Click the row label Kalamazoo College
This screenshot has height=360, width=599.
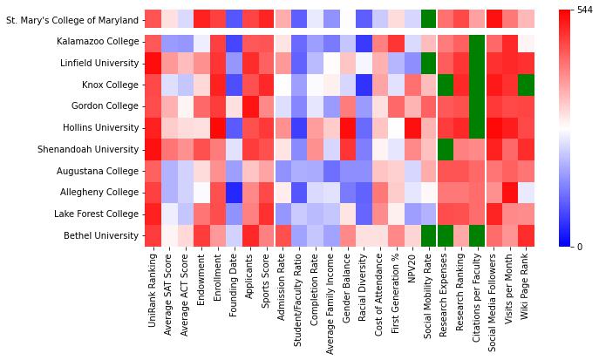point(99,42)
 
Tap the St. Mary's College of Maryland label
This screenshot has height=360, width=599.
point(71,19)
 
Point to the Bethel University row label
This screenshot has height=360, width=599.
point(101,235)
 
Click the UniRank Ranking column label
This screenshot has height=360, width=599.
point(153,295)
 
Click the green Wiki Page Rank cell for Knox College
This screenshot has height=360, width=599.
point(527,85)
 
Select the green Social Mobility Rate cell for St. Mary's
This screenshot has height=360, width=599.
point(428,19)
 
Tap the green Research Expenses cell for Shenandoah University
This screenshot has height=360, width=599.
point(445,149)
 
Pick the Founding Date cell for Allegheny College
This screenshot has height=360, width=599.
point(235,192)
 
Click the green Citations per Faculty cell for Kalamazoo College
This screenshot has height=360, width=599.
point(478,42)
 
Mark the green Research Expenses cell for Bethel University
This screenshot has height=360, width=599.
point(445,235)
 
